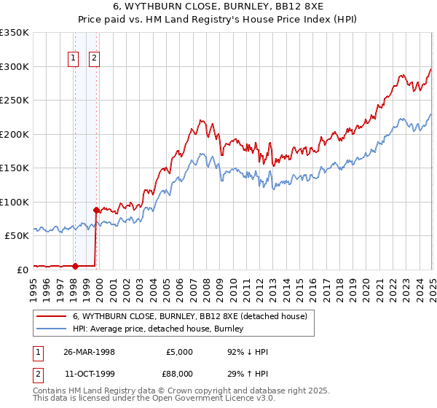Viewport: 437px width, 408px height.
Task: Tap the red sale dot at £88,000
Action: pos(96,210)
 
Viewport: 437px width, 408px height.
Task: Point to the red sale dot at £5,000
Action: pos(75,266)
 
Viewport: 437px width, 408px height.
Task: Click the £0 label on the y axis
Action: pos(22,270)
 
